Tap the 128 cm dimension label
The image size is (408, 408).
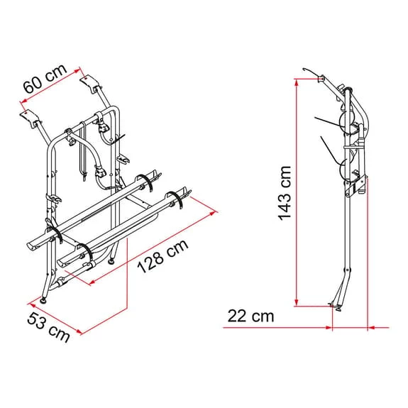(x=162, y=255)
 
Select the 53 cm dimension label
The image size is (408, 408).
(x=48, y=326)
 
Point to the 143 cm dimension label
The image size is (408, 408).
(x=285, y=193)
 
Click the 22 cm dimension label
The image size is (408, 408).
(x=250, y=316)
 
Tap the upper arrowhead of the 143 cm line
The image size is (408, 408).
(x=297, y=82)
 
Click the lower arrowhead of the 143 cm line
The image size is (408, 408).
(x=297, y=302)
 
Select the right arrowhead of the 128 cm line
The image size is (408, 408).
(x=213, y=214)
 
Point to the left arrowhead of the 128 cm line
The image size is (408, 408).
(x=92, y=282)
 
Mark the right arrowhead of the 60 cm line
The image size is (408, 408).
(x=77, y=71)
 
